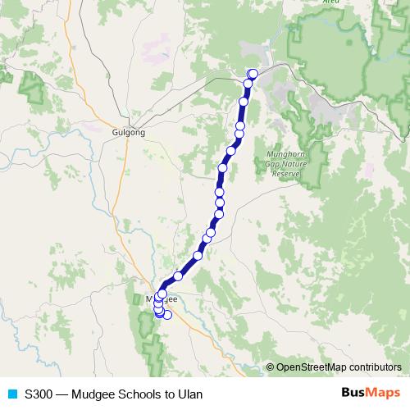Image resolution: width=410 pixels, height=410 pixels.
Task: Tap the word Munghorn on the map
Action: point(286,154)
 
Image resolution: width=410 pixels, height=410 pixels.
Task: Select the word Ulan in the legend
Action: point(189,394)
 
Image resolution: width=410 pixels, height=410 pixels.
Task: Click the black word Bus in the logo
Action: point(353,393)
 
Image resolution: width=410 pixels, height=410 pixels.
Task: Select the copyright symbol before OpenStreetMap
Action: point(271,367)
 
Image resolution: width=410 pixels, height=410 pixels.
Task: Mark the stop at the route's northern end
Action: point(253,75)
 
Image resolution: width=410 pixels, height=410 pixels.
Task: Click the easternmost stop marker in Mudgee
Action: point(168,315)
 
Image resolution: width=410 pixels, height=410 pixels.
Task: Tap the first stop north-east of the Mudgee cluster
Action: point(177,276)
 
